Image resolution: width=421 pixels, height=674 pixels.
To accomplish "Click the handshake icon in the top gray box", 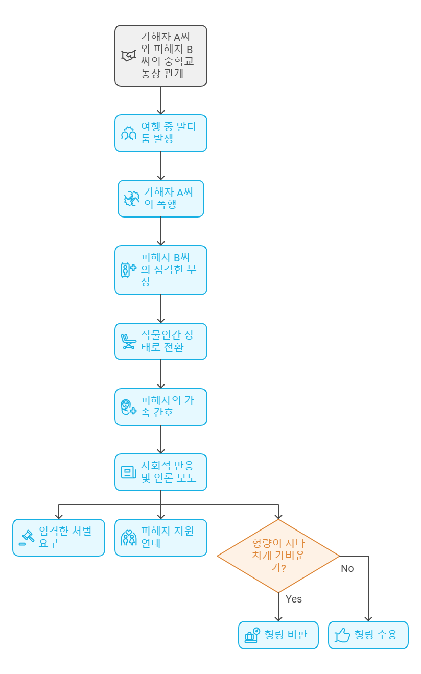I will (128, 56).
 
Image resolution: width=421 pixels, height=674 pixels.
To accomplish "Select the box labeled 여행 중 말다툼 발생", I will (160, 133).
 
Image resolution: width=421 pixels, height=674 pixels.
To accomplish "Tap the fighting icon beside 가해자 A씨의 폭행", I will (132, 199).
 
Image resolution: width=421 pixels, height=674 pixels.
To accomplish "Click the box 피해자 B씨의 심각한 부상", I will (160, 270).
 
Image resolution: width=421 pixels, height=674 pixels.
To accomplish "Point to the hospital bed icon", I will (128, 341).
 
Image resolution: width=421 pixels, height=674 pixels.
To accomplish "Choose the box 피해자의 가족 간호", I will (160, 406).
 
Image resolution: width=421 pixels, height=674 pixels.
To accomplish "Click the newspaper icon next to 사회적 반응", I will (128, 472).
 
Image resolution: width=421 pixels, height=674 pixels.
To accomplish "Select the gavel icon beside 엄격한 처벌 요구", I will (26, 538).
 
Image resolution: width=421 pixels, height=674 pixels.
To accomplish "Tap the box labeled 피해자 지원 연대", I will (160, 537).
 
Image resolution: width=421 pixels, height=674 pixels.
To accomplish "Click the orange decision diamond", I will (278, 556).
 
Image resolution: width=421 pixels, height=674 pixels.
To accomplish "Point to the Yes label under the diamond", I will (294, 599).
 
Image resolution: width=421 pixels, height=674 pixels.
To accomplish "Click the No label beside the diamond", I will (347, 568).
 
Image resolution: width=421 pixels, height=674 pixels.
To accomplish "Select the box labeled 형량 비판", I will (278, 635).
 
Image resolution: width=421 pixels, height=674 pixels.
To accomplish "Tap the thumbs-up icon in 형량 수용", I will (342, 635).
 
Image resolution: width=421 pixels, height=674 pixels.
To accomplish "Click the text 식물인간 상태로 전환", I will (167, 341).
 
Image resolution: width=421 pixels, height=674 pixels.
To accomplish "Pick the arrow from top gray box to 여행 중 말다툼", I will (161, 100).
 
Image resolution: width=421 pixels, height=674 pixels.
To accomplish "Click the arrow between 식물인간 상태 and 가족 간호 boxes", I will (161, 374).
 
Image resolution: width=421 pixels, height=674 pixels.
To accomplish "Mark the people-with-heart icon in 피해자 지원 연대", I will (128, 538).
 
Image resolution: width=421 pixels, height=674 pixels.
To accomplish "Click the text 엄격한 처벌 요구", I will (65, 537).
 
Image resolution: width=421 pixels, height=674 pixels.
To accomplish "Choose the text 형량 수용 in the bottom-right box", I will (376, 635).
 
